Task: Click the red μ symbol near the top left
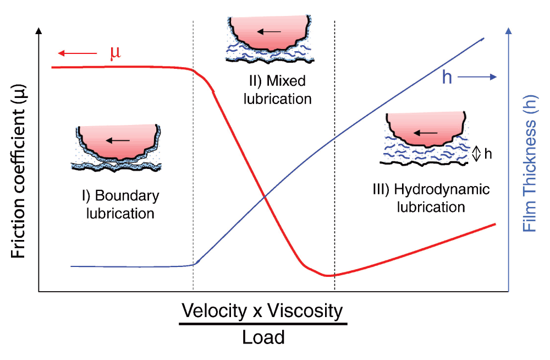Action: coord(115,53)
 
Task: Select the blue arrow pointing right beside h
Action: coord(477,78)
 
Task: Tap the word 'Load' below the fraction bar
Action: coord(263,336)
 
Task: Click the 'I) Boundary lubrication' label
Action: coord(119,204)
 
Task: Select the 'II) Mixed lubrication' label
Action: coord(279,90)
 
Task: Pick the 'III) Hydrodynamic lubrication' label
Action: coord(431,198)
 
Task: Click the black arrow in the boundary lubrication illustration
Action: coord(118,140)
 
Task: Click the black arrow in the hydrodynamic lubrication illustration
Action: coord(425,133)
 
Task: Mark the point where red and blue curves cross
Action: coord(265,197)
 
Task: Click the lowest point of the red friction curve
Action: coord(328,275)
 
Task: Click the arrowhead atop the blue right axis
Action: coord(509,31)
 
